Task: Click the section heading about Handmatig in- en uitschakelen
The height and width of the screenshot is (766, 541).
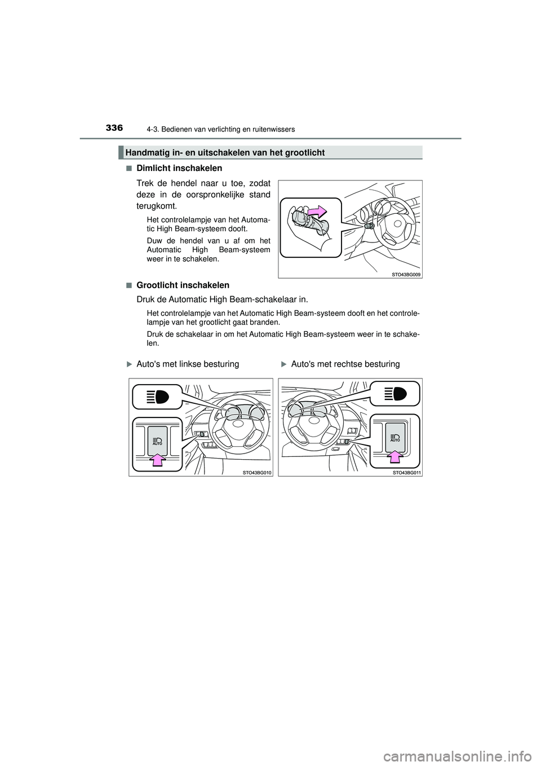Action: pyautogui.click(x=225, y=152)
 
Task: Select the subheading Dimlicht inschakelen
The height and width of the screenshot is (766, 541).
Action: pyautogui.click(x=179, y=168)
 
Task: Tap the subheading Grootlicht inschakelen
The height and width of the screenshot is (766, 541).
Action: pyautogui.click(x=183, y=285)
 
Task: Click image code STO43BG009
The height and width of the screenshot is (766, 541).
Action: pyautogui.click(x=405, y=274)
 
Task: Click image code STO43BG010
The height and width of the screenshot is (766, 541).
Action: pyautogui.click(x=256, y=472)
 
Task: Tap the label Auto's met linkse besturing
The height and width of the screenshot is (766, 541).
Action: pyautogui.click(x=187, y=364)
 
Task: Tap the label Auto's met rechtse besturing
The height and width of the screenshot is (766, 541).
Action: pyautogui.click(x=345, y=364)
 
